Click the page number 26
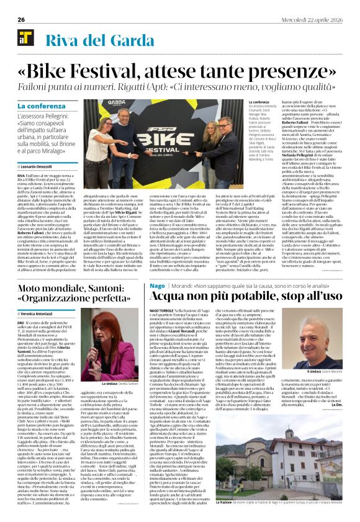coord(20,20)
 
